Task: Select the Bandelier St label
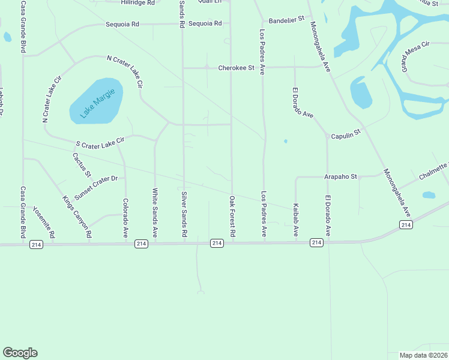286,20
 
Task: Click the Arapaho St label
340,176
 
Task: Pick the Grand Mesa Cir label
417,55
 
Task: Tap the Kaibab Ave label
295,220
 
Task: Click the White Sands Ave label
154,213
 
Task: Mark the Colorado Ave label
125,218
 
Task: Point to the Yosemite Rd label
43,222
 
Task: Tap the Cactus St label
82,165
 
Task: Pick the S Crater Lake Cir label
100,142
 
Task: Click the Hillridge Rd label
137,3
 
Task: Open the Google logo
20,353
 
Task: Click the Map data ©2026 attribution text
423,355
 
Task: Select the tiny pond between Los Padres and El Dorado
286,142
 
